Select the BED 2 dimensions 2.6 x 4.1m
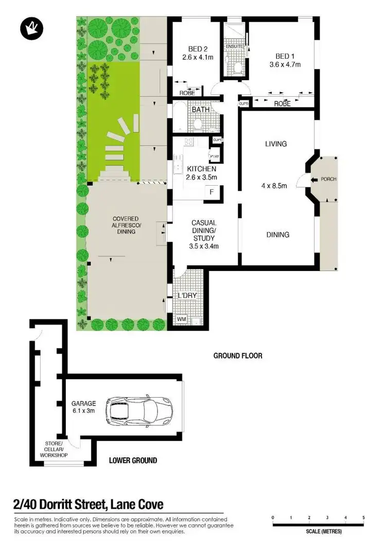pyautogui.click(x=197, y=58)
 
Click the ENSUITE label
pyautogui.click(x=234, y=46)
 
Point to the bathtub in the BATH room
pyautogui.click(x=178, y=117)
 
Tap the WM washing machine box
pyautogui.click(x=181, y=319)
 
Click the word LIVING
pyautogui.click(x=276, y=144)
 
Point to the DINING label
pyautogui.click(x=277, y=235)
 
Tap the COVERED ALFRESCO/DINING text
pyautogui.click(x=126, y=225)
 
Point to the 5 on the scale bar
pyautogui.click(x=363, y=517)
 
